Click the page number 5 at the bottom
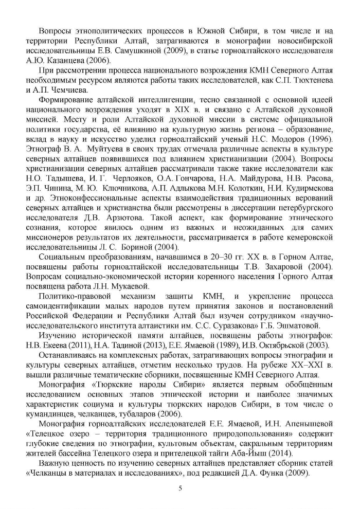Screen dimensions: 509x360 pyautogui.click(x=180, y=488)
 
